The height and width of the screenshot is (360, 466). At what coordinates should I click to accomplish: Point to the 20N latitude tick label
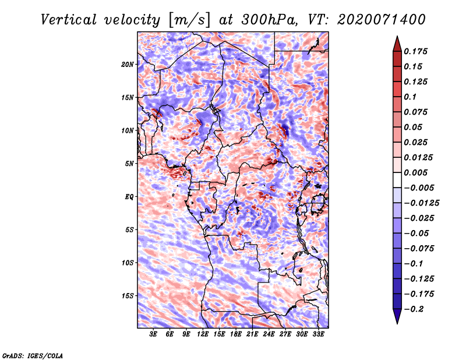point(128,64)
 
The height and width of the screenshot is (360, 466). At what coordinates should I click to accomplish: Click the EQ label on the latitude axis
point(129,197)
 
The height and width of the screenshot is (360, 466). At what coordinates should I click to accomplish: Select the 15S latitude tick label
point(128,296)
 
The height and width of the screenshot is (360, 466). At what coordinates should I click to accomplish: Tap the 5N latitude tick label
point(129,164)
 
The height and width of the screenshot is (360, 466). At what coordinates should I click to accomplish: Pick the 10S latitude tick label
point(128,263)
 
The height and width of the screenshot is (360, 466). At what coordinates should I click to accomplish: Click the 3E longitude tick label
point(153,335)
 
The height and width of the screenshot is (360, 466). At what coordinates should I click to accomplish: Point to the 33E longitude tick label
point(319,335)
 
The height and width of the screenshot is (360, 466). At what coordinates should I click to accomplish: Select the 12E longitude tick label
point(203,335)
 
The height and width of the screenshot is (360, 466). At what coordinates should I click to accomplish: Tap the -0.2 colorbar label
point(414,308)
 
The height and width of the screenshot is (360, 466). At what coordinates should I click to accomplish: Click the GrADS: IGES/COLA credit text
point(32,355)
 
